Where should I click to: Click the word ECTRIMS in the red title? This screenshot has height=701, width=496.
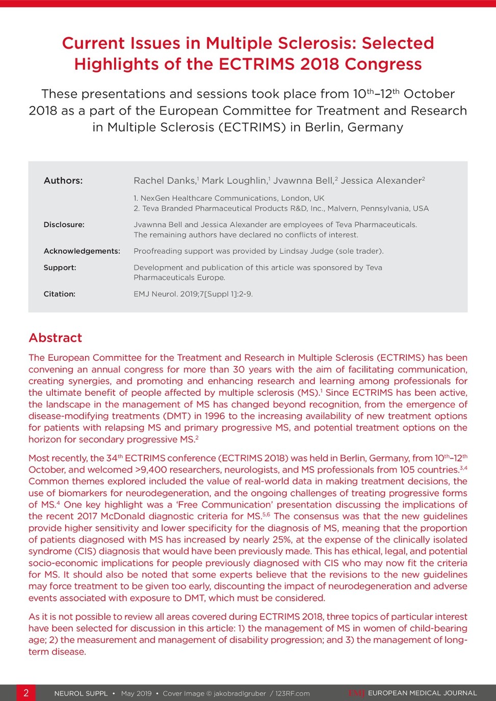pyautogui.click(x=256, y=64)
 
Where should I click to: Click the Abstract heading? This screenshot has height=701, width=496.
pyautogui.click(x=55, y=338)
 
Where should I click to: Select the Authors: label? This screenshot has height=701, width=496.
pyautogui.click(x=63, y=180)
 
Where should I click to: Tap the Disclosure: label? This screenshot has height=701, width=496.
pyautogui.click(x=64, y=225)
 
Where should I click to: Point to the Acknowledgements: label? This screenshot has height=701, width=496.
pyautogui.click(x=82, y=251)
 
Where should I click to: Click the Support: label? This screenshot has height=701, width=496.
pyautogui.click(x=60, y=267)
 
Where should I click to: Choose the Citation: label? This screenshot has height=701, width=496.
pyautogui.click(x=59, y=294)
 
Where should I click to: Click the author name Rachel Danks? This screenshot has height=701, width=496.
pyautogui.click(x=165, y=180)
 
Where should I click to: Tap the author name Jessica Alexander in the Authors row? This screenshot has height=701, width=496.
pyautogui.click(x=381, y=180)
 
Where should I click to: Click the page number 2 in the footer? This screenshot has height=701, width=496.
pyautogui.click(x=26, y=693)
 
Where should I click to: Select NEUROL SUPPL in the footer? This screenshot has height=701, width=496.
pyautogui.click(x=81, y=693)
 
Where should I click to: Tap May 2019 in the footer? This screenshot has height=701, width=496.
pyautogui.click(x=136, y=693)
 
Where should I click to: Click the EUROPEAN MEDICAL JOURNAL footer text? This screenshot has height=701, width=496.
pyautogui.click(x=422, y=693)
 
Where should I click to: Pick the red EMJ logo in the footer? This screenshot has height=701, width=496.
pyautogui.click(x=356, y=693)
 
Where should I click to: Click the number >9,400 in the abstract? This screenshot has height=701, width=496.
pyautogui.click(x=149, y=470)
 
